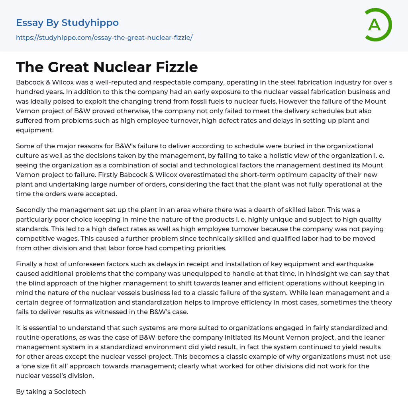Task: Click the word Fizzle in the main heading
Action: [177, 67]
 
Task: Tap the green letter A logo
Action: [376, 25]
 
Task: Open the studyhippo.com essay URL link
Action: [104, 37]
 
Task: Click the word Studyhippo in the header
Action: [90, 23]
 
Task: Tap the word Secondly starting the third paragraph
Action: [33, 210]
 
